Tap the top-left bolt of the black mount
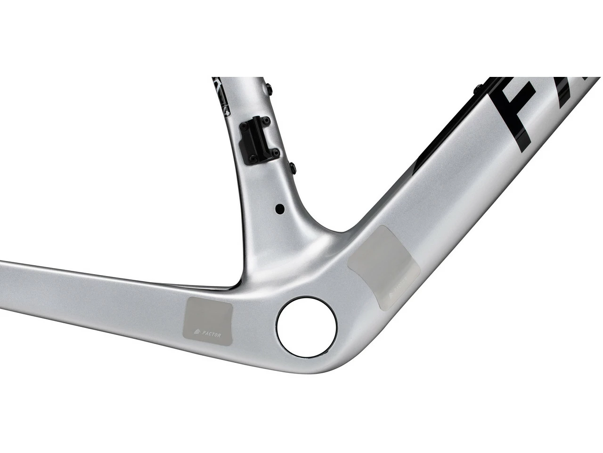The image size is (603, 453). pos(245,126)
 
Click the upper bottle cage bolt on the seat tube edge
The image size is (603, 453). pos(269,88)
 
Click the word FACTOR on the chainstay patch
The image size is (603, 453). pos(213,331)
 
